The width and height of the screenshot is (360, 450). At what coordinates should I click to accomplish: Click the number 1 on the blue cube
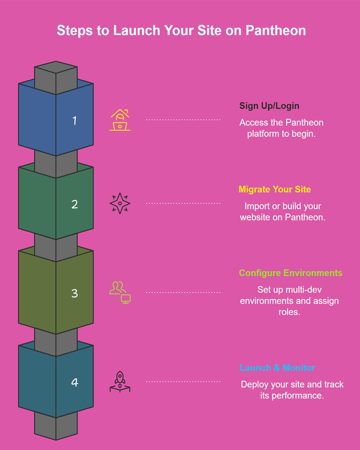75,120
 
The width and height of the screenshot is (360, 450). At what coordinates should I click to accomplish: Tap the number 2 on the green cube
75,204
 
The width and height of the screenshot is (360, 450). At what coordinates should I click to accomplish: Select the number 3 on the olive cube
75,293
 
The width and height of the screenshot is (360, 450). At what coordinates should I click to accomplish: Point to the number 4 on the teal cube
75,382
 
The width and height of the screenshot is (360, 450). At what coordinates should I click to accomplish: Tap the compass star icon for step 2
120,203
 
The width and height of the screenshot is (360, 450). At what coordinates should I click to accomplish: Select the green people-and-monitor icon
120,292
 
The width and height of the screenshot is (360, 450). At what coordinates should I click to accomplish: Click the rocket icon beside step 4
120,382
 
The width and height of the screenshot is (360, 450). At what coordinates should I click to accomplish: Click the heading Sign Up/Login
269,106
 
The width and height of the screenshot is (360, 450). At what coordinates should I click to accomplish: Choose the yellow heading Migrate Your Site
274,189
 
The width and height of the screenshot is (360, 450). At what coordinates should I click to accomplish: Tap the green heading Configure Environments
290,273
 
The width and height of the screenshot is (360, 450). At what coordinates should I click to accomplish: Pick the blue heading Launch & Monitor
277,368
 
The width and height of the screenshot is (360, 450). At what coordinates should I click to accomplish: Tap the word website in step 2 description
255,217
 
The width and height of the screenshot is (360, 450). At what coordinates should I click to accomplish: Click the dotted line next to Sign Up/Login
183,120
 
